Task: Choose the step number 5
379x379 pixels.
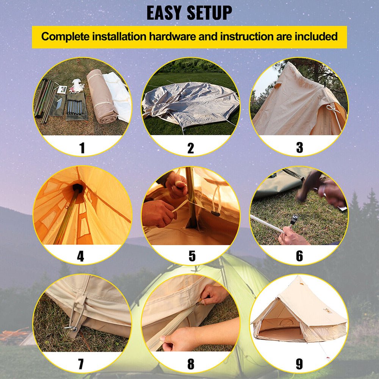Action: [192, 256]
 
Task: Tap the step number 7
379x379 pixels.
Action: [81, 364]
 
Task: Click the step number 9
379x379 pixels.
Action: [299, 364]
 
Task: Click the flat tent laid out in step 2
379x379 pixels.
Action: [189, 102]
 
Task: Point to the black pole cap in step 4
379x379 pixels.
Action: [78, 188]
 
